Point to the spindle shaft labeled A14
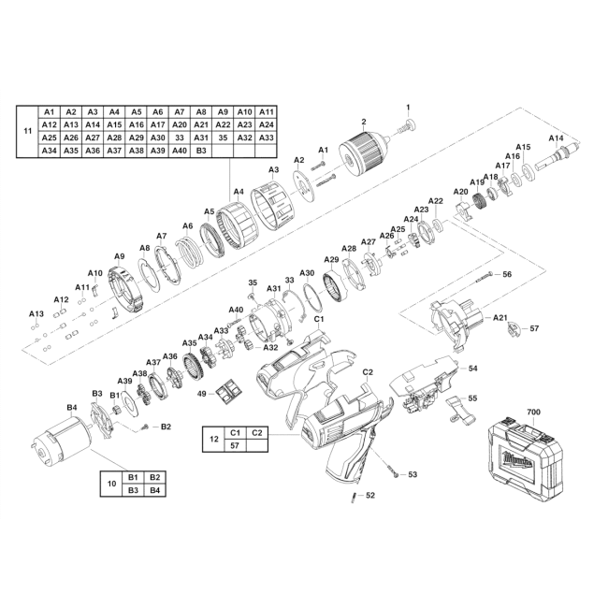[555, 156]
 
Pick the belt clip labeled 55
[460, 409]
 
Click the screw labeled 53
[391, 470]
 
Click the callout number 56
[507, 274]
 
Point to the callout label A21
[500, 318]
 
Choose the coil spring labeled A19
[480, 201]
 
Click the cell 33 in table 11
[180, 138]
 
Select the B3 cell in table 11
[201, 151]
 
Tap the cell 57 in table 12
[235, 445]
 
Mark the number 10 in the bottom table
[111, 484]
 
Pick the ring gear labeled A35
[194, 365]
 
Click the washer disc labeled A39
[129, 402]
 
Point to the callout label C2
[368, 372]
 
